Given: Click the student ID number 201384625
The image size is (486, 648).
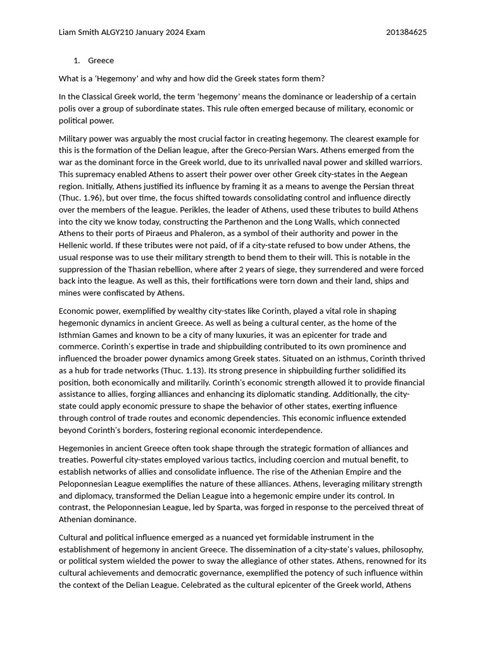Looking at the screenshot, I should (x=406, y=32).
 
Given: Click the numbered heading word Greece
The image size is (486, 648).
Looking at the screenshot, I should (x=101, y=61).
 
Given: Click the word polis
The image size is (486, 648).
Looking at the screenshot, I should (x=69, y=109).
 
